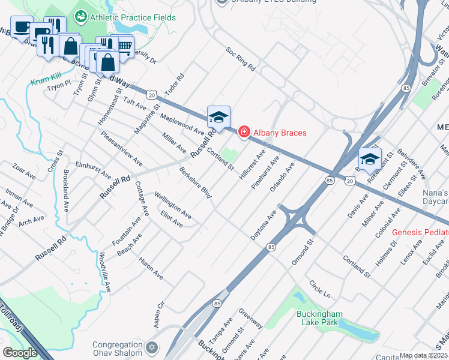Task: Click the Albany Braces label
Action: point(279,132)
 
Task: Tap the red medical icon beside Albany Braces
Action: point(244,132)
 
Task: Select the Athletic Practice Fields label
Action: point(133,17)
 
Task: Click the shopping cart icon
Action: point(124,46)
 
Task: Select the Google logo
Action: point(20,353)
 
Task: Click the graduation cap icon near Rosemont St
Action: point(370,159)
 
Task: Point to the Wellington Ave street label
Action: point(172,205)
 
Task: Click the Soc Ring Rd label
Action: point(240,60)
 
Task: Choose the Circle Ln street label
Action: point(319,288)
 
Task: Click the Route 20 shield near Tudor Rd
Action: point(152,95)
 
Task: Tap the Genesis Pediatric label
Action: point(420,232)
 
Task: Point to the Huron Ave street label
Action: point(151,269)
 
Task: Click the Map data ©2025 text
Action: point(424,355)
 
